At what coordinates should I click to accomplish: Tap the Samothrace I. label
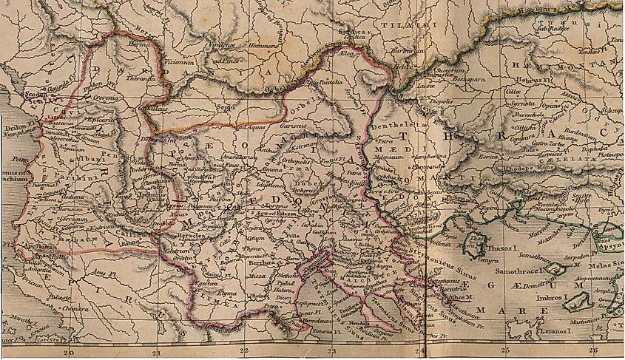(x=530, y=270)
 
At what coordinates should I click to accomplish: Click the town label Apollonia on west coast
(x=36, y=248)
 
